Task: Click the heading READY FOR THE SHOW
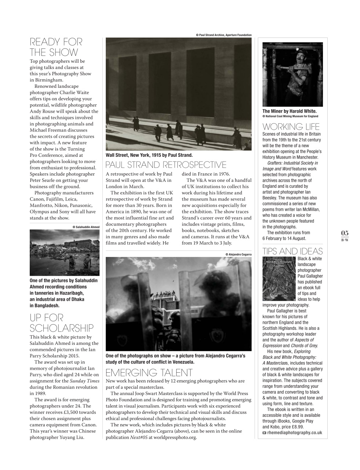pos(56,47)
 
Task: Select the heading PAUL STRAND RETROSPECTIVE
pos(166,164)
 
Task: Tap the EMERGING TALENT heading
pos(149,372)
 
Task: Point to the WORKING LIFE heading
pos(291,127)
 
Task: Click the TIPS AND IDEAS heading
pos(292,251)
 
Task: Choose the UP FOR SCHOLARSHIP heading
pos(61,323)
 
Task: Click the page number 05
pos(345,233)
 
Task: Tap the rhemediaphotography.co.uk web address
pos(294,433)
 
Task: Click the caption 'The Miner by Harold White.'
pos(289,111)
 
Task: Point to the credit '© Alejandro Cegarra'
pos(238,254)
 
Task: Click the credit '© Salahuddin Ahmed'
pos(86,227)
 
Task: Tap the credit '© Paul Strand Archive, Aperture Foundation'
pos(224,35)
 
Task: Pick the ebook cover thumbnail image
pos(279,278)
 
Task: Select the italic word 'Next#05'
pos(139,437)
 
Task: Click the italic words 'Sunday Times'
pos(84,381)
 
